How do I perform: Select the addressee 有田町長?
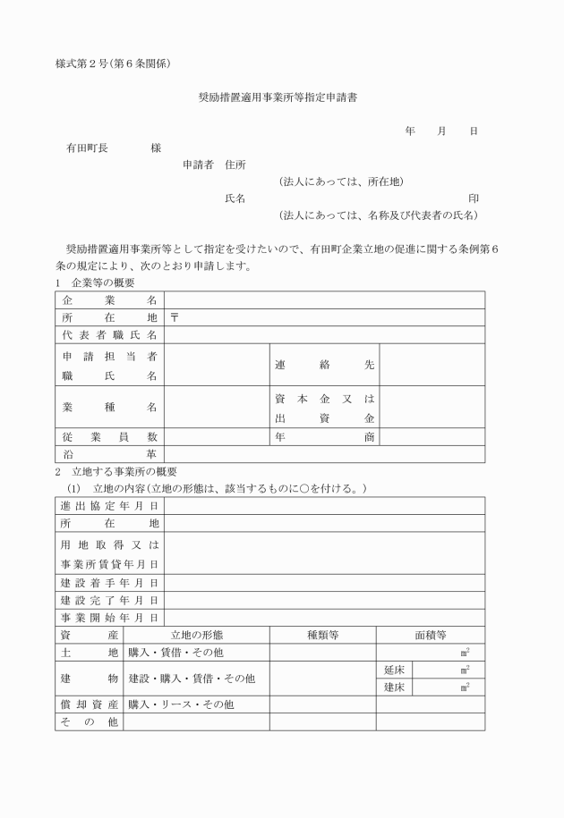pos(81,148)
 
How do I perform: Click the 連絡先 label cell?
pos(324,365)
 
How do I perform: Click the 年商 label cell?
pos(324,437)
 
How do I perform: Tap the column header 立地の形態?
pos(196,635)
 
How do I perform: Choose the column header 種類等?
pos(322,635)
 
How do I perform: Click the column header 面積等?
pos(431,635)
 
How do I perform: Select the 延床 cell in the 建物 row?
pos(395,670)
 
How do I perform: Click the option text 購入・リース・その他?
pos(181,704)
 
